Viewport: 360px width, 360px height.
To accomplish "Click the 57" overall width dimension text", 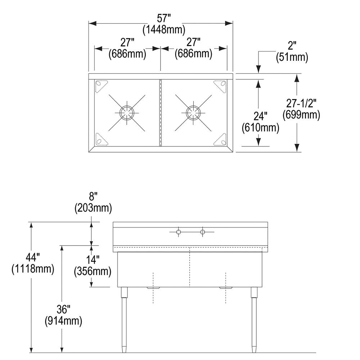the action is click(164, 18).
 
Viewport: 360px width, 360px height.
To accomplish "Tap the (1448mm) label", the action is click(164, 30).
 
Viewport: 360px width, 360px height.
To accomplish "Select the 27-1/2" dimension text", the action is click(301, 103).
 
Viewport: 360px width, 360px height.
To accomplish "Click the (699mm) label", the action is click(301, 114).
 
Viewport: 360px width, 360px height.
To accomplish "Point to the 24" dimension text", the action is click(260, 116).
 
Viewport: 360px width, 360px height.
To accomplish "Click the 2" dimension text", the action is click(292, 46).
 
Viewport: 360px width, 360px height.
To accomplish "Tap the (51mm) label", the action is click(292, 57).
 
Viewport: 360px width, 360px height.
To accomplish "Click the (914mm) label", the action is click(63, 320).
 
